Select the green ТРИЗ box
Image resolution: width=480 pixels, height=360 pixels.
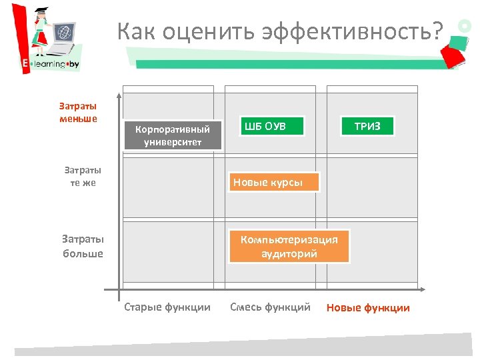pyautogui.click(x=367, y=126)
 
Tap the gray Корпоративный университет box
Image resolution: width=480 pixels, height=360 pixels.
pyautogui.click(x=173, y=135)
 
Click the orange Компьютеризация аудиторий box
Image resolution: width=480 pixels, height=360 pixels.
pyautogui.click(x=289, y=247)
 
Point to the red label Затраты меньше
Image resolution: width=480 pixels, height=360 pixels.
pyautogui.click(x=78, y=112)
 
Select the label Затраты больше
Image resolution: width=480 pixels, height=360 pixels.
pyautogui.click(x=83, y=246)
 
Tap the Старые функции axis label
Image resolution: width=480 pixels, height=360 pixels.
pyautogui.click(x=167, y=307)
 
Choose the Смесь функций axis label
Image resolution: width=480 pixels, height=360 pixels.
pyautogui.click(x=270, y=307)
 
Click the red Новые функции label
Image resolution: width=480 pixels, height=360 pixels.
pyautogui.click(x=368, y=307)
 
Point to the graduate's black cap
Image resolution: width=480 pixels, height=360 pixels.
pyautogui.click(x=41, y=10)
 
